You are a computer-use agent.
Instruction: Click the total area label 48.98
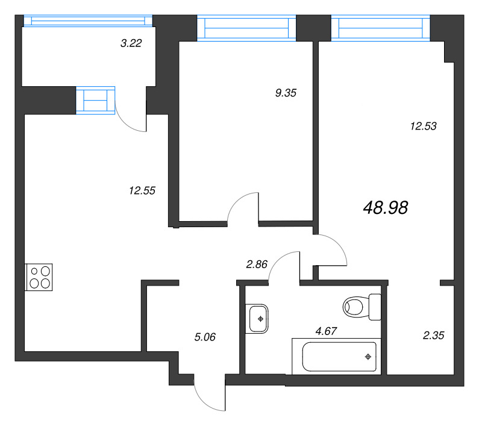tap(386, 208)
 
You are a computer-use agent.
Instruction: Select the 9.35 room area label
tap(286, 93)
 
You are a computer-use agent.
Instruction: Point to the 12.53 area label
tap(422, 127)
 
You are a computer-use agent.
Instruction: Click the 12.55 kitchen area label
tap(142, 190)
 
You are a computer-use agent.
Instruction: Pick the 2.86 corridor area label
tap(256, 263)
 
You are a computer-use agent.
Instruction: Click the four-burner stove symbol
tap(39, 277)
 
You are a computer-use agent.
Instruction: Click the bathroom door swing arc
tap(283, 265)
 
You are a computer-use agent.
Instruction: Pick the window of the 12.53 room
tap(381, 27)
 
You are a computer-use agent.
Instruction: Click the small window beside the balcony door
tap(95, 99)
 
